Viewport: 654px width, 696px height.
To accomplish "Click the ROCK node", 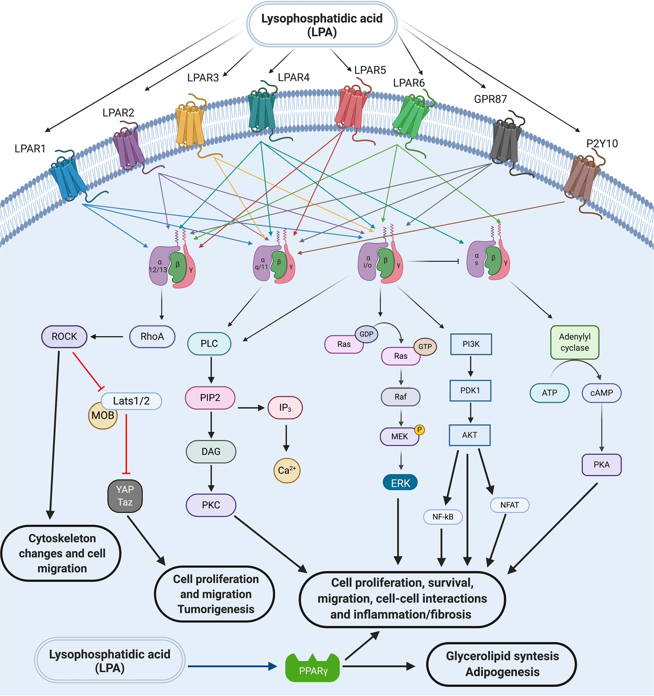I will (64, 336).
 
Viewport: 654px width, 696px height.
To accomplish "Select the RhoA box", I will (152, 336).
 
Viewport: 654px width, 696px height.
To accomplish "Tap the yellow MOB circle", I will (103, 416).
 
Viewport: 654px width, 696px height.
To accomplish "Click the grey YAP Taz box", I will (125, 496).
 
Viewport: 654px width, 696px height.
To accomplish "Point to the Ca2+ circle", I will (287, 470).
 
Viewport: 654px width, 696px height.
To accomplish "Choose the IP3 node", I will (285, 408).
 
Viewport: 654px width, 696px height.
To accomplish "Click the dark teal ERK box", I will (400, 483).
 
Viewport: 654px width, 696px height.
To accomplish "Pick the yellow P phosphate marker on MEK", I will (419, 430).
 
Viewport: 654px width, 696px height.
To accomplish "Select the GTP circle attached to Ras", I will (425, 347).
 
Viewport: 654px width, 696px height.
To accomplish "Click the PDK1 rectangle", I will (470, 391).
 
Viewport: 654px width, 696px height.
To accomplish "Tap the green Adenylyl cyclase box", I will (575, 342).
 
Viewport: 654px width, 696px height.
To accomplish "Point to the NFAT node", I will (509, 505).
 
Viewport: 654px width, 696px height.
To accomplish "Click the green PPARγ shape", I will (313, 668).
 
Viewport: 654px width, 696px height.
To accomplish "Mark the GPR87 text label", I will (490, 99).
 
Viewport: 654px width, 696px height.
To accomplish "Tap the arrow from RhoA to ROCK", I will (107, 336).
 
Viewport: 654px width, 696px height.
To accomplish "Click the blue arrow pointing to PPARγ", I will (232, 666).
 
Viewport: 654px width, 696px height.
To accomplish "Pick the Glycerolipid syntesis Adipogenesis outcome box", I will (501, 664).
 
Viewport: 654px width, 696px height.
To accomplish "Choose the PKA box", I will (601, 465).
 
